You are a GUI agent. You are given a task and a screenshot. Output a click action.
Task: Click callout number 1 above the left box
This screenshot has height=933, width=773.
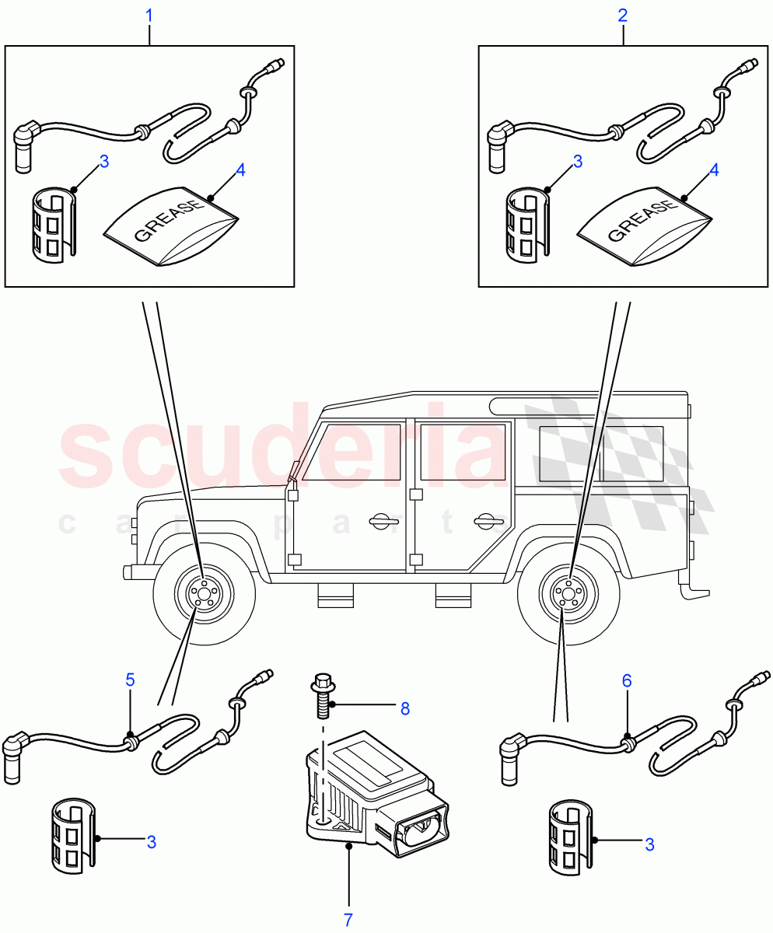(x=150, y=16)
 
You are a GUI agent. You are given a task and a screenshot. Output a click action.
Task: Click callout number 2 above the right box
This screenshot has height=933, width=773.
(x=623, y=16)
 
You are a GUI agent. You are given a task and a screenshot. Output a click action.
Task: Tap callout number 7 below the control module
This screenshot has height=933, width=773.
(x=348, y=919)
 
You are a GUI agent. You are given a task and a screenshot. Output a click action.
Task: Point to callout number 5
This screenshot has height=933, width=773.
(x=130, y=680)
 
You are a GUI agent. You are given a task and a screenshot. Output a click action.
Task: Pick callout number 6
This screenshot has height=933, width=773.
(x=626, y=681)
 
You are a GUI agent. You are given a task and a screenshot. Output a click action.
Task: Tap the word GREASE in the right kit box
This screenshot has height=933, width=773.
(x=642, y=222)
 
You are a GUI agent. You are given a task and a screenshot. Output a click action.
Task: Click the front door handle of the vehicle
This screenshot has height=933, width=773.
(x=381, y=521)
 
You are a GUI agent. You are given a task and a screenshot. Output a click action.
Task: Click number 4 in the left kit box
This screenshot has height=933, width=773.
(x=240, y=169)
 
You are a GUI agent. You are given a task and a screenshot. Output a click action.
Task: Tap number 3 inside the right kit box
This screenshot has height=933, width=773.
(x=577, y=162)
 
